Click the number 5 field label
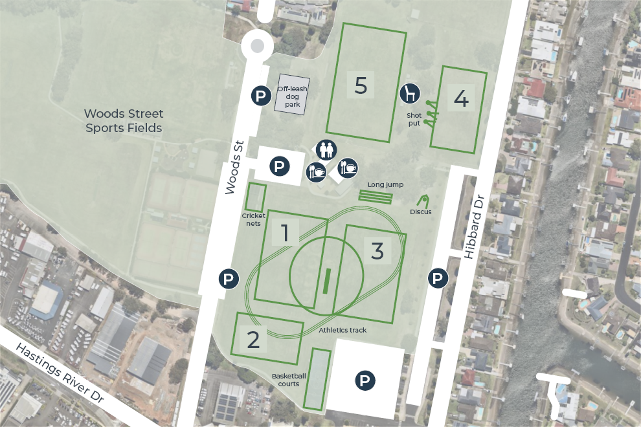pyautogui.click(x=361, y=85)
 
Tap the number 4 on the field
pyautogui.click(x=461, y=99)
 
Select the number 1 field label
pyautogui.click(x=285, y=234)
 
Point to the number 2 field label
pyautogui.click(x=253, y=339)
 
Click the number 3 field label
pyautogui.click(x=378, y=251)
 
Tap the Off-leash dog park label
pyautogui.click(x=289, y=96)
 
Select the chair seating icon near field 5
pyautogui.click(x=409, y=94)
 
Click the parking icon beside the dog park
pyautogui.click(x=261, y=96)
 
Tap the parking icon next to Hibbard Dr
pyautogui.click(x=438, y=279)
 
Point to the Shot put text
pyautogui.click(x=414, y=118)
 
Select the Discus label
pyautogui.click(x=420, y=212)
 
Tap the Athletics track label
pyautogui.click(x=343, y=331)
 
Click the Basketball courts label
pyautogui.click(x=289, y=380)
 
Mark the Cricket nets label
pyautogui.click(x=254, y=219)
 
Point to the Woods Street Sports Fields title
pyautogui.click(x=124, y=121)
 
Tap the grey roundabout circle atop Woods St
pyautogui.click(x=257, y=46)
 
